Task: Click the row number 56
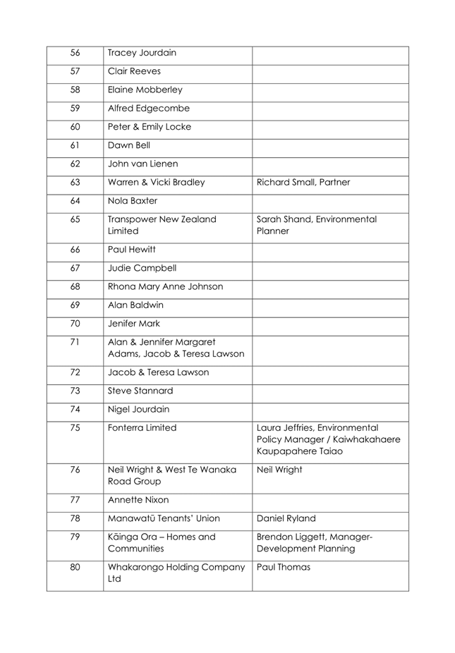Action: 75,53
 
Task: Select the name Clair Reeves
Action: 134,72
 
